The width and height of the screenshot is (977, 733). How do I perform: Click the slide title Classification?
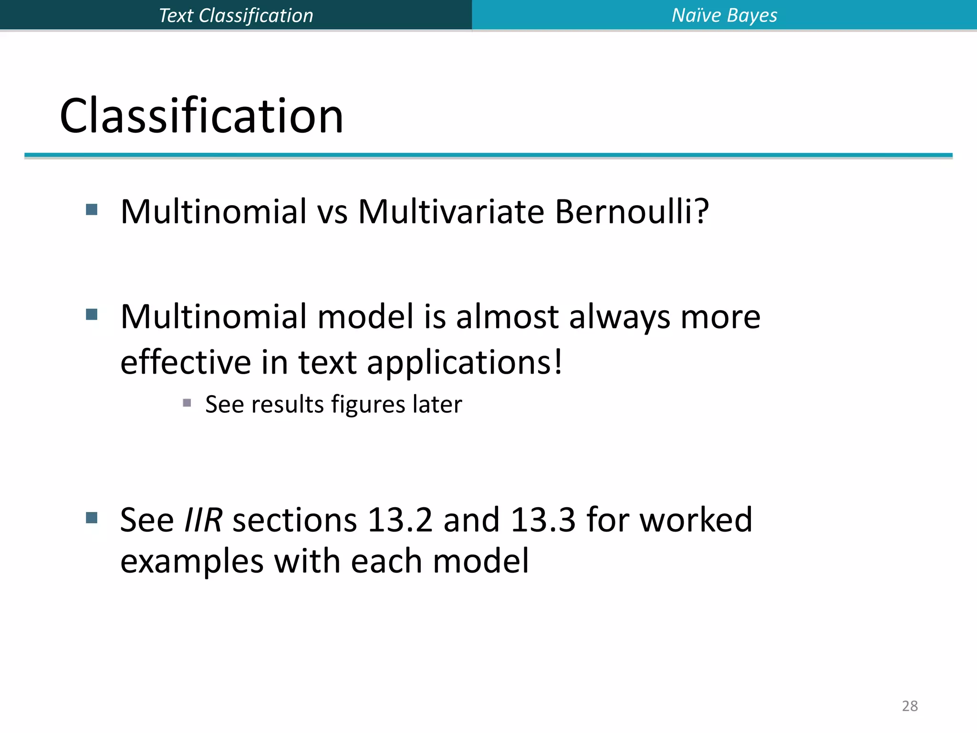(x=201, y=116)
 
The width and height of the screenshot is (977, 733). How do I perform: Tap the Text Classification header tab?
(x=236, y=15)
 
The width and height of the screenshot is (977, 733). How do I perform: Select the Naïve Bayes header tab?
(x=724, y=15)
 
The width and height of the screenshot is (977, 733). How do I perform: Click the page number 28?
(x=910, y=706)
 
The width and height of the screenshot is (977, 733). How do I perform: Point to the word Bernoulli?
(x=632, y=211)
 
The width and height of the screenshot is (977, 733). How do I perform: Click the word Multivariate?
(x=451, y=211)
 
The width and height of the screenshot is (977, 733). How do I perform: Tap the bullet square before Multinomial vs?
(x=92, y=209)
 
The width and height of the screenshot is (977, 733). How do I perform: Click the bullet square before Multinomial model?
(x=92, y=314)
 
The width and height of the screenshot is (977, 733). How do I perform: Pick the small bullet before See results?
(x=187, y=403)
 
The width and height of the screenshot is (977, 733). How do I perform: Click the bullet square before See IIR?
(x=92, y=518)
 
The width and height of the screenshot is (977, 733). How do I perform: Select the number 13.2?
(x=400, y=520)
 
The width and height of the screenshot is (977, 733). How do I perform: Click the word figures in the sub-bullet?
(x=368, y=405)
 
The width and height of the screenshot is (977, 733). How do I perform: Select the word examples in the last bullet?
(x=192, y=561)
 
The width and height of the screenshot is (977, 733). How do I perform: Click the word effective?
(x=186, y=362)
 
